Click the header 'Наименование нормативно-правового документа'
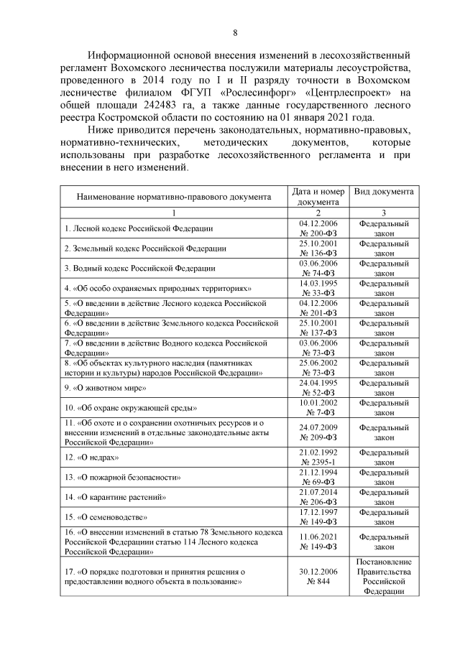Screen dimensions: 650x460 (x=173, y=196)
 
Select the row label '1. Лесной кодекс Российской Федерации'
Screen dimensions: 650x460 (x=139, y=228)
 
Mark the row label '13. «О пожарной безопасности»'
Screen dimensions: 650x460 (x=122, y=477)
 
